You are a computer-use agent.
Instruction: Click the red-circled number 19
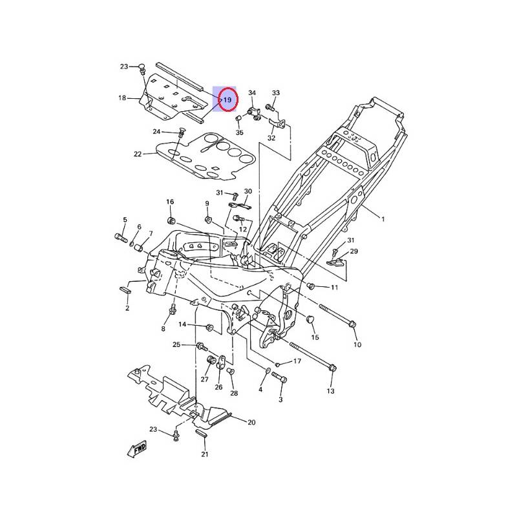227,100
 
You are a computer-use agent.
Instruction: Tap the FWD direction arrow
138,447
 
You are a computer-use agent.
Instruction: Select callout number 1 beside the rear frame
382,220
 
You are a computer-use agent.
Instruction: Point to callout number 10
357,344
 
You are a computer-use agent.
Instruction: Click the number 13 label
330,392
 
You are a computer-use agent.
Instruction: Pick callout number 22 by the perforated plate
137,154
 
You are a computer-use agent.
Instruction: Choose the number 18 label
121,98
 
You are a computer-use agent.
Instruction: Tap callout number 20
252,423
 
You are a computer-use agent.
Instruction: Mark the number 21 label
205,454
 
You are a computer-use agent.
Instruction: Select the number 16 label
170,202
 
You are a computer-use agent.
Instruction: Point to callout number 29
353,251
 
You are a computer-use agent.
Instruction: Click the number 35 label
239,132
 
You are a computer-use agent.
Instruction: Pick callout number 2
127,308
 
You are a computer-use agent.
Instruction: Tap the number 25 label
176,345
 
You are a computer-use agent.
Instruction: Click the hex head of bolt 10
352,324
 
